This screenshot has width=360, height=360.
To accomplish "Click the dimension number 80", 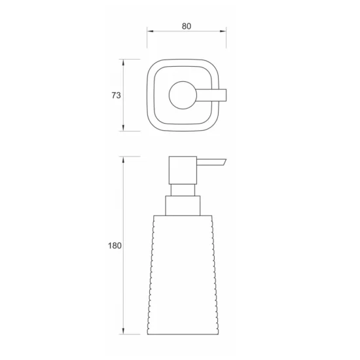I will pos(187,26).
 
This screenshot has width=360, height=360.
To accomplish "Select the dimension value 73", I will pos(116,96).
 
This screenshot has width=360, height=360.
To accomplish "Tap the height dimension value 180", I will pos(114,246).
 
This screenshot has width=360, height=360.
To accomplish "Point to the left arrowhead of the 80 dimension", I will pos(149,31).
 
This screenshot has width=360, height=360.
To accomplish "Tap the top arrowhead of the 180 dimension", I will pos(124,159).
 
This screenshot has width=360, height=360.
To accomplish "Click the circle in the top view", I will pos(181,96).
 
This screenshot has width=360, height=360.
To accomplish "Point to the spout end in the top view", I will pos(223,96).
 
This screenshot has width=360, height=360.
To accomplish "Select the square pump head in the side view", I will pos(183,170).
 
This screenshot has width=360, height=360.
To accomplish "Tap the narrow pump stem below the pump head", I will pos(183,189).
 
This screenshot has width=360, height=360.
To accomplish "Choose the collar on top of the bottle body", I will pos(183,206).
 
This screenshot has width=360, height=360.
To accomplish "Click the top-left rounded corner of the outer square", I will pos(151,63).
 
